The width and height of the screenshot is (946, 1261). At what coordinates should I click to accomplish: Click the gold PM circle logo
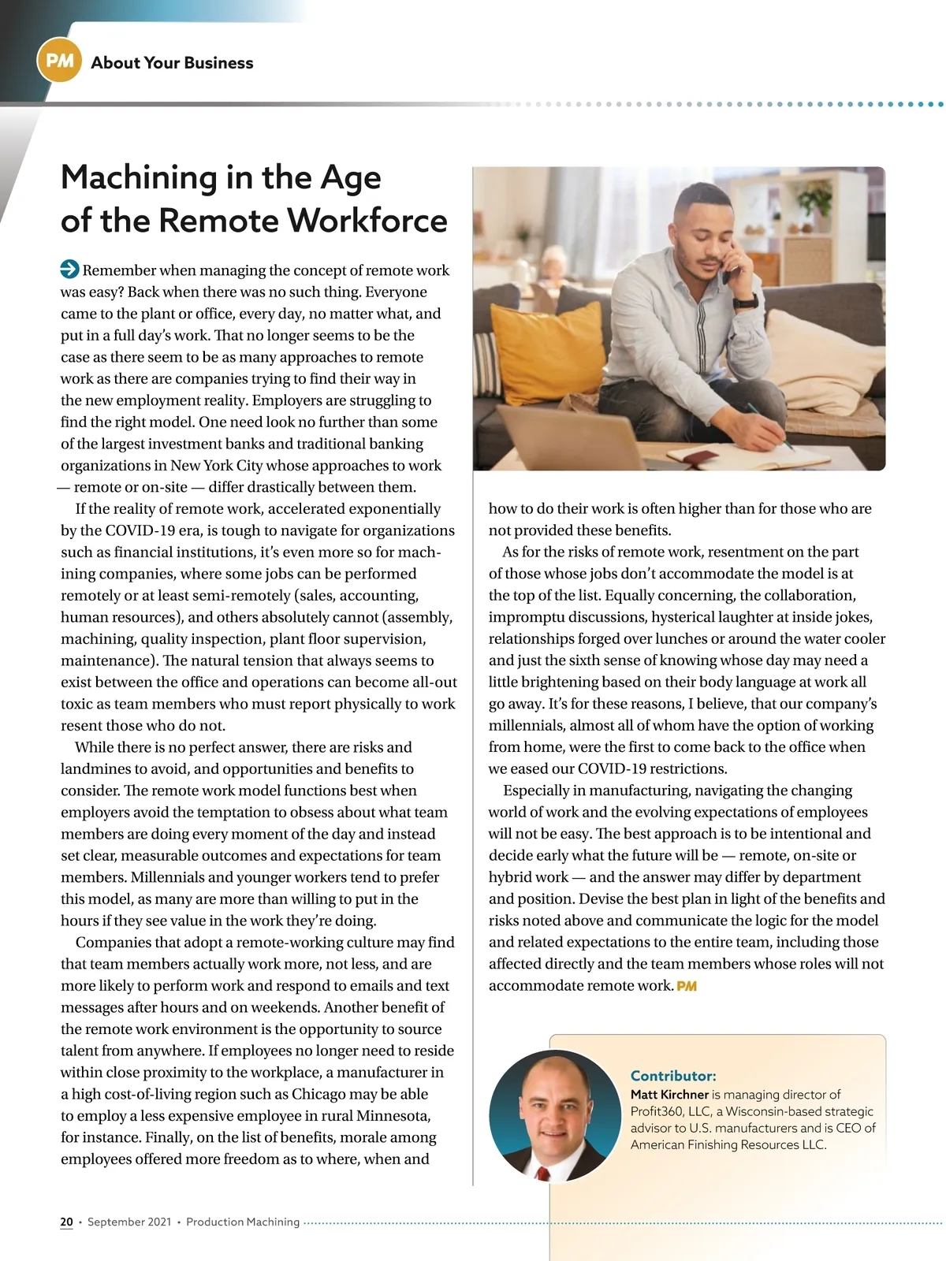tap(59, 61)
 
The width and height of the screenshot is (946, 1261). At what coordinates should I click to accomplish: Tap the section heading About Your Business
tap(172, 63)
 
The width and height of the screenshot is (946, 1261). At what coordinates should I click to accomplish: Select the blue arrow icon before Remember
tap(69, 270)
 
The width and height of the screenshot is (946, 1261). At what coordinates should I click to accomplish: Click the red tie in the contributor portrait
tap(542, 1173)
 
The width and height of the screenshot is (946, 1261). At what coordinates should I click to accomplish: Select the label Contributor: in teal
tap(673, 1076)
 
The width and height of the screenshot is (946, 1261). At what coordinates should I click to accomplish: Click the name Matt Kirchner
tap(669, 1095)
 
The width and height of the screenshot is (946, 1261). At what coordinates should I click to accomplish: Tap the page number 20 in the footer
tap(66, 1222)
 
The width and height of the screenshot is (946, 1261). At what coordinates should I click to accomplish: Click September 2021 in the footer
tap(129, 1222)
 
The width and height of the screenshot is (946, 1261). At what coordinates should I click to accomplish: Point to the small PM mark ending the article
tap(687, 986)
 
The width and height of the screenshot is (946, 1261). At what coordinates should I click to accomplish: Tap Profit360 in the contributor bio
tap(657, 1111)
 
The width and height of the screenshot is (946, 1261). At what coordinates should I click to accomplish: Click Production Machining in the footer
tap(243, 1222)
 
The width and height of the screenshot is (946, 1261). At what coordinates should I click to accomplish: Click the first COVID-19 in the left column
tap(141, 530)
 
